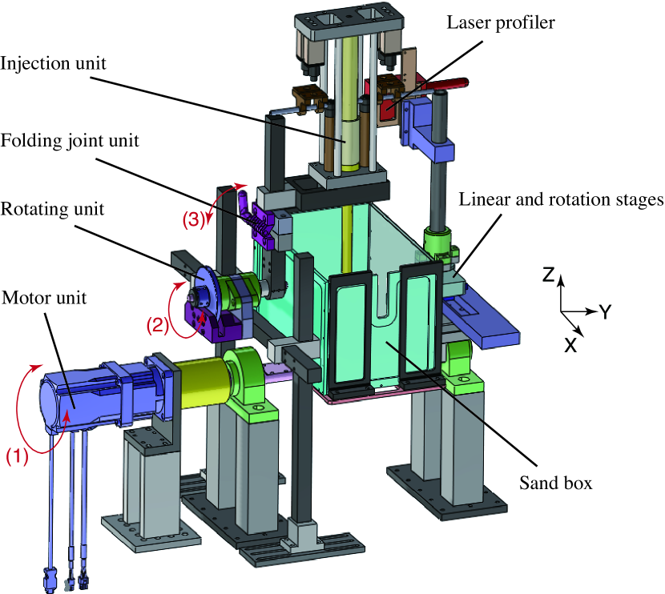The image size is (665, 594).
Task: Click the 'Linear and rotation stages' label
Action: click(560, 198)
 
